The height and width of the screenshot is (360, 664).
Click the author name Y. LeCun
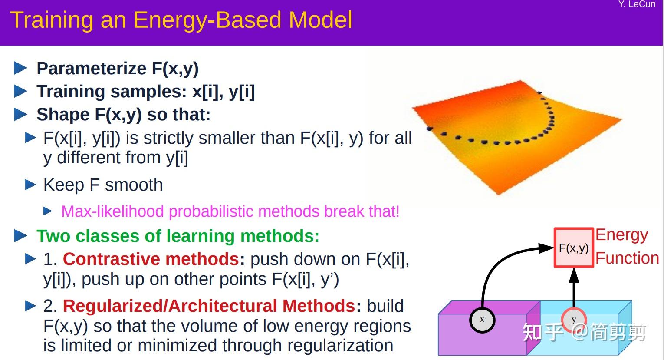[x=637, y=4]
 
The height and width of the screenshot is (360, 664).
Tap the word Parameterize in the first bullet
[x=91, y=69]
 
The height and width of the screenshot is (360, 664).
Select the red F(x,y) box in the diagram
[x=573, y=248]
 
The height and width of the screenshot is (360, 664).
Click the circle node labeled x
[x=482, y=320]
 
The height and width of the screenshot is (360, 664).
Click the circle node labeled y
[x=574, y=320]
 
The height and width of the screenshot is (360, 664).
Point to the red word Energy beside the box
[x=621, y=235]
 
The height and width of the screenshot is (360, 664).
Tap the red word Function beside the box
[x=627, y=258]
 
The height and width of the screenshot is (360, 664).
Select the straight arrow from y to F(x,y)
[x=574, y=289]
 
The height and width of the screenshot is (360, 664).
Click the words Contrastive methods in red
[x=151, y=259]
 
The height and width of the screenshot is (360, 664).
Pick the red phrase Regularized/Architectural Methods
[x=209, y=306]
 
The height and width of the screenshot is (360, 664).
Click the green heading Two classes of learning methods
[x=178, y=236]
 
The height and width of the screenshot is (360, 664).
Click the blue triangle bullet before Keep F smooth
[x=30, y=185]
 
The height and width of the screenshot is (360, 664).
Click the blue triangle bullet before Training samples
[x=20, y=92]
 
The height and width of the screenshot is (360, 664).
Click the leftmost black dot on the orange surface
[x=430, y=128]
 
